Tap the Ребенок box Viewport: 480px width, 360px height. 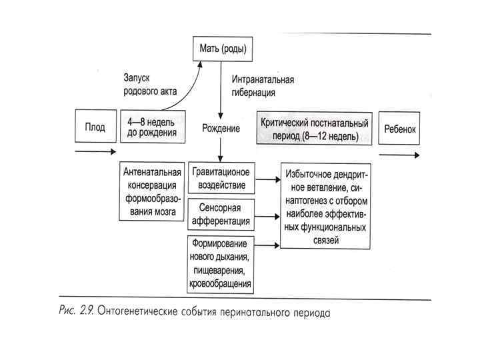400,129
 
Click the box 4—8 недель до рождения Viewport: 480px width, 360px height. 152,127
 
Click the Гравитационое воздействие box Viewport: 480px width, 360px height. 221,178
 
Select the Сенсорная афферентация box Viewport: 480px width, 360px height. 221,215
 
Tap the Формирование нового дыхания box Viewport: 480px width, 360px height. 221,263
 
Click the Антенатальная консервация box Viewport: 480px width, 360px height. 152,192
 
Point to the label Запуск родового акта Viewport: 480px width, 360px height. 151,84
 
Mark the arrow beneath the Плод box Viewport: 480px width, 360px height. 95,151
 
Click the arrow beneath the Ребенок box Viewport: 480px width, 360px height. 400,155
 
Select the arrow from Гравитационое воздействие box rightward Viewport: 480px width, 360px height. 267,179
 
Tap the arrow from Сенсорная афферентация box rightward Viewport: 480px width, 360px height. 267,215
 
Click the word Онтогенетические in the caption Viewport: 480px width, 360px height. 142,311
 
